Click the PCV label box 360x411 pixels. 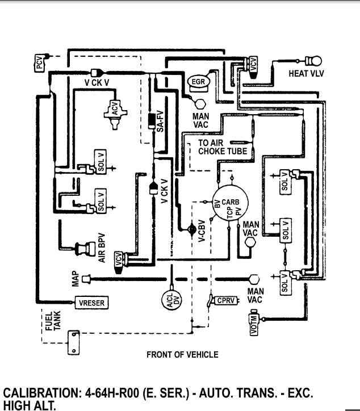pos(39,64)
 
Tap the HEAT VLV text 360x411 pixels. pos(307,74)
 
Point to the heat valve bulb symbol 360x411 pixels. pos(313,61)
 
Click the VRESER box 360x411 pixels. pos(91,303)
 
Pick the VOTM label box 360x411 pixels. pos(254,324)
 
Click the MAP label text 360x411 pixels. pos(75,278)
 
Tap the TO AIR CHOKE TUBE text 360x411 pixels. pos(223,148)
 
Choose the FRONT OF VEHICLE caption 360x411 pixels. pos(182,354)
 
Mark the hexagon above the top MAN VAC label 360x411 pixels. pos(200,104)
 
